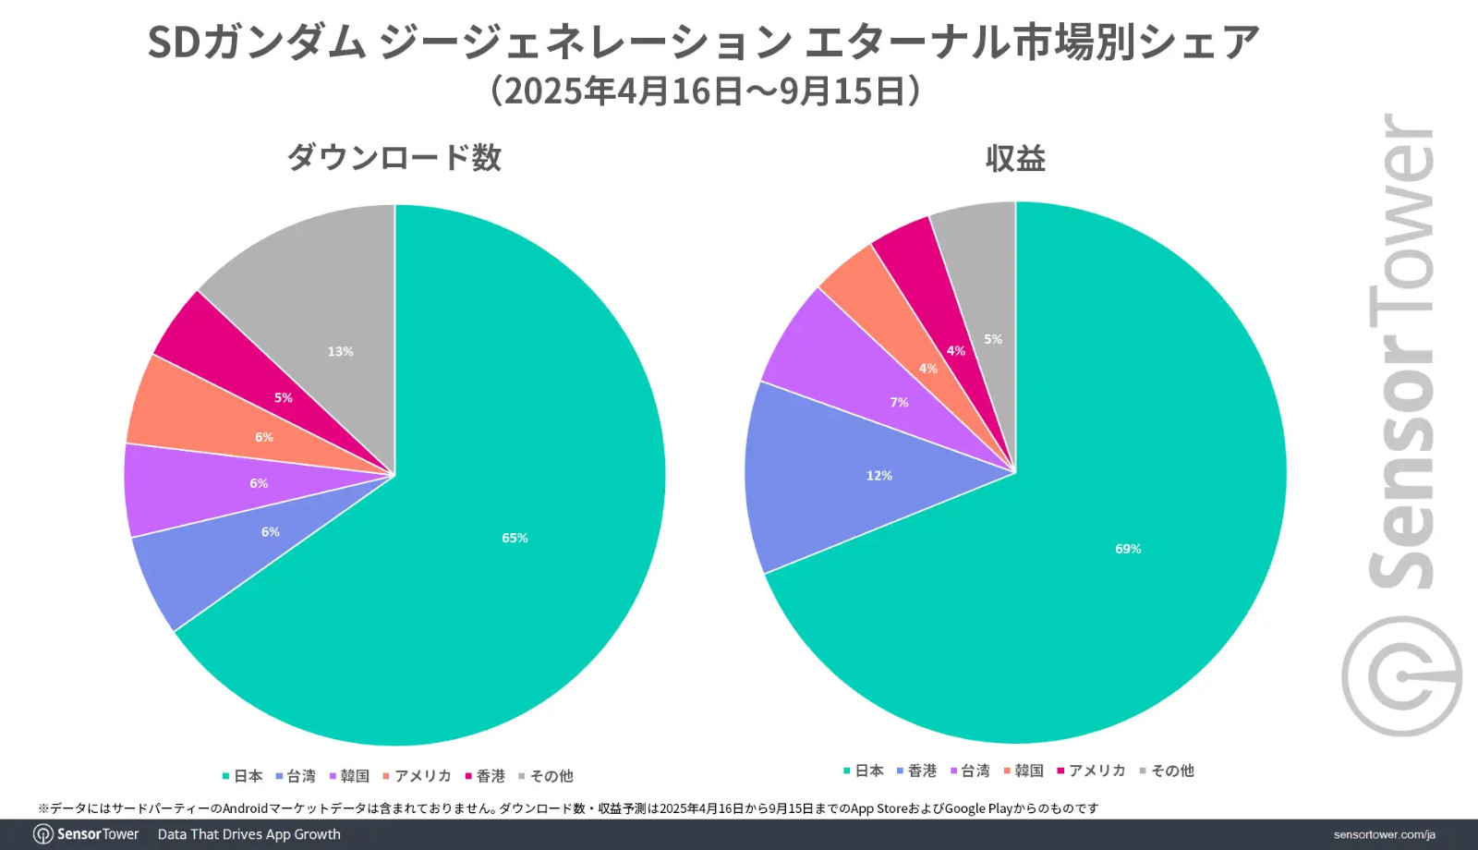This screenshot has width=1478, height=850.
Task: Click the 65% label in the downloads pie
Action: [515, 538]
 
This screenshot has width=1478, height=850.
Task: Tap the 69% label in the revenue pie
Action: [1128, 549]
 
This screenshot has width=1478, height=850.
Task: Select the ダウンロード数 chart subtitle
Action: [394, 158]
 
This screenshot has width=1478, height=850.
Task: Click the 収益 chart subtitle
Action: [1015, 159]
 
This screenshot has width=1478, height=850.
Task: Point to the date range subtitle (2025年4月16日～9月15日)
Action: [706, 91]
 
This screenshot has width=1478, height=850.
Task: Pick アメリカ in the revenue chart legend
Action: [1096, 771]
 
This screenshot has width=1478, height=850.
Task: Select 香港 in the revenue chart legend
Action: [921, 771]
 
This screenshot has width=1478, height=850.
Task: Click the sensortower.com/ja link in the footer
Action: [1384, 834]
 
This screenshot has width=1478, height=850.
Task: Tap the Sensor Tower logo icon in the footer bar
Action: [42, 834]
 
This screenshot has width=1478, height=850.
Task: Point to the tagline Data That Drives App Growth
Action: [248, 834]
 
